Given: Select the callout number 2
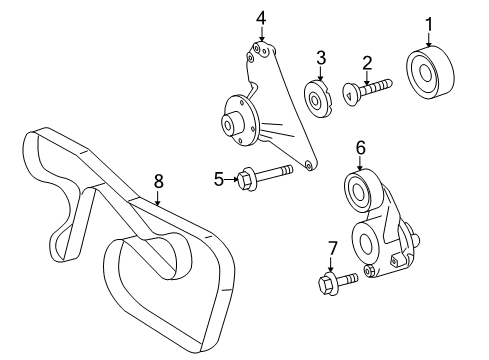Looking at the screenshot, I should point(367,63).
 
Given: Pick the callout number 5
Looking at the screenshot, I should point(219,180).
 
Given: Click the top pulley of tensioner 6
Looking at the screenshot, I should point(360,190).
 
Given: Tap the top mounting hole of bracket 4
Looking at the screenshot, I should point(262,47).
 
